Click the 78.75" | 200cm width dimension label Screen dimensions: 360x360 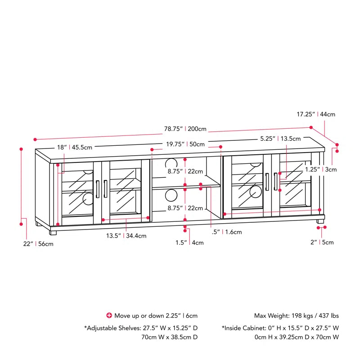pyautogui.click(x=185, y=129)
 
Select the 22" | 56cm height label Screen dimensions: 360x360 pyautogui.click(x=39, y=244)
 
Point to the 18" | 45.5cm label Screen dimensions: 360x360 pyautogui.click(x=74, y=147)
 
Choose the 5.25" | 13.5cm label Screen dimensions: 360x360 pyautogui.click(x=282, y=139)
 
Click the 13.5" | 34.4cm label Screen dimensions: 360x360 pyautogui.click(x=126, y=235)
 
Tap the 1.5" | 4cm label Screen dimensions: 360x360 pyautogui.click(x=189, y=243)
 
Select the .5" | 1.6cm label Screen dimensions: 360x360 pyautogui.click(x=227, y=232)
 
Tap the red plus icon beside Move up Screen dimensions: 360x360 pyautogui.click(x=108, y=315)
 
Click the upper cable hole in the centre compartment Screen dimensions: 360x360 pyautogui.click(x=171, y=163)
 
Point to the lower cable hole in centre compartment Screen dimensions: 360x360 pyautogui.click(x=171, y=195)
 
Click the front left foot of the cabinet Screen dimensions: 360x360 pyautogui.click(x=53, y=233)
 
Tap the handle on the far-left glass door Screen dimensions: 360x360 pyautogui.click(x=97, y=188)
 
